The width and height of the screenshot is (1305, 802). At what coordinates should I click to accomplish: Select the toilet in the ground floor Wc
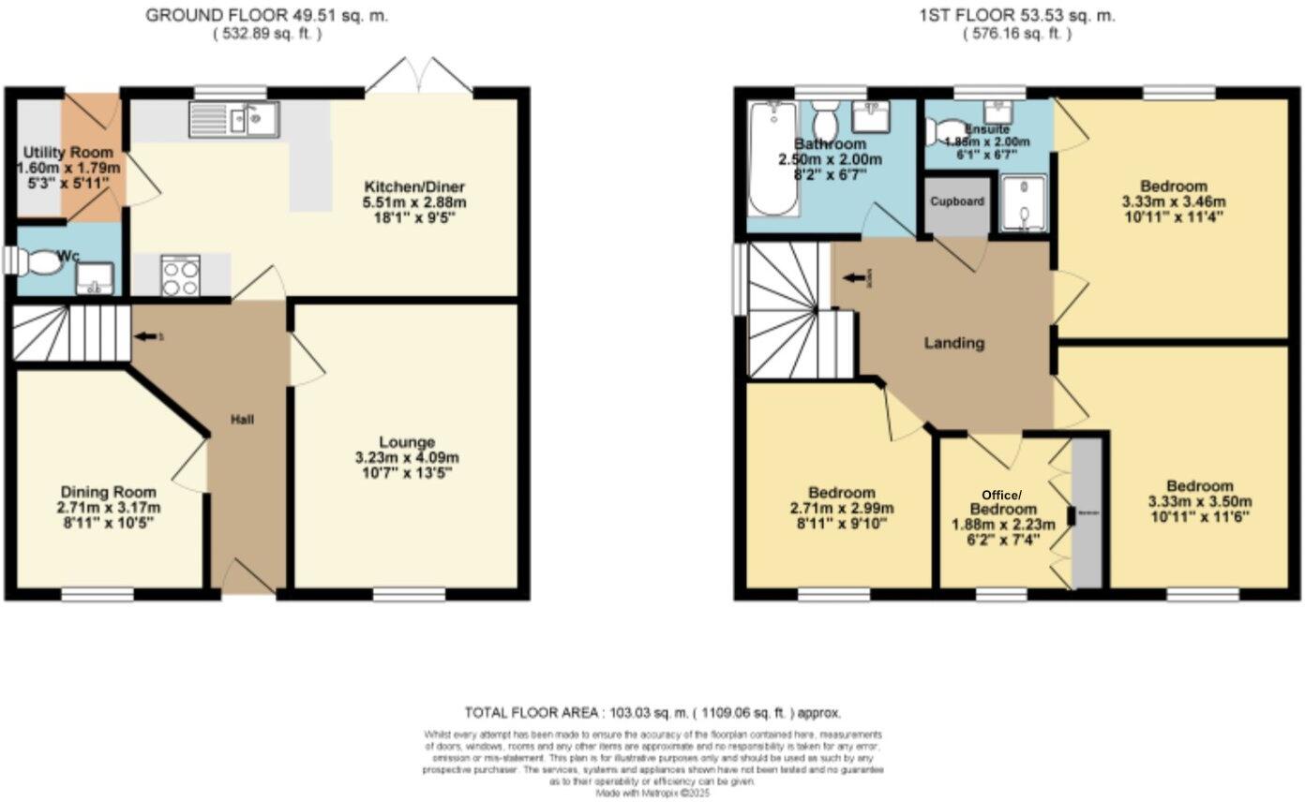(x=39, y=263)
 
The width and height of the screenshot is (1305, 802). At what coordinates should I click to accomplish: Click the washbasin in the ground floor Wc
(x=95, y=277)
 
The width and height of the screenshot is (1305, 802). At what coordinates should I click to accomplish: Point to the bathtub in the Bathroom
(x=772, y=159)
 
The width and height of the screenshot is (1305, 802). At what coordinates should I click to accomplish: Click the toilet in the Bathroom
(x=825, y=119)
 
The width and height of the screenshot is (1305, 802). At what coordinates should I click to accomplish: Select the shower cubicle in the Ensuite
(x=1021, y=203)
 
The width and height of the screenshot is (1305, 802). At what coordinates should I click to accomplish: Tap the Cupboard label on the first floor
(x=957, y=201)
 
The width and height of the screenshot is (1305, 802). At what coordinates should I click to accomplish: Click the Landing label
(x=954, y=343)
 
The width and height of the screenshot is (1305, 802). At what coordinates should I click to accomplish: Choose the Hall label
(x=243, y=419)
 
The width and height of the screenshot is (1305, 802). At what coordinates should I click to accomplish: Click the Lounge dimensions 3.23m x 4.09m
(x=406, y=458)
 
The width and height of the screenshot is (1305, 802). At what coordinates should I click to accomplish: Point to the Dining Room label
(x=109, y=492)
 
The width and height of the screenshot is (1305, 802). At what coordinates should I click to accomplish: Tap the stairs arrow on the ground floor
(x=145, y=336)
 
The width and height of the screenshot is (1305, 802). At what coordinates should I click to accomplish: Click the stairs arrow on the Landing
(x=854, y=277)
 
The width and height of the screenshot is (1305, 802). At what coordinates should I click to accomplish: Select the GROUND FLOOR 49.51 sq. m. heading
(x=266, y=16)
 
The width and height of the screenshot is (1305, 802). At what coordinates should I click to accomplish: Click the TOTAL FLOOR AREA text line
(x=652, y=712)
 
